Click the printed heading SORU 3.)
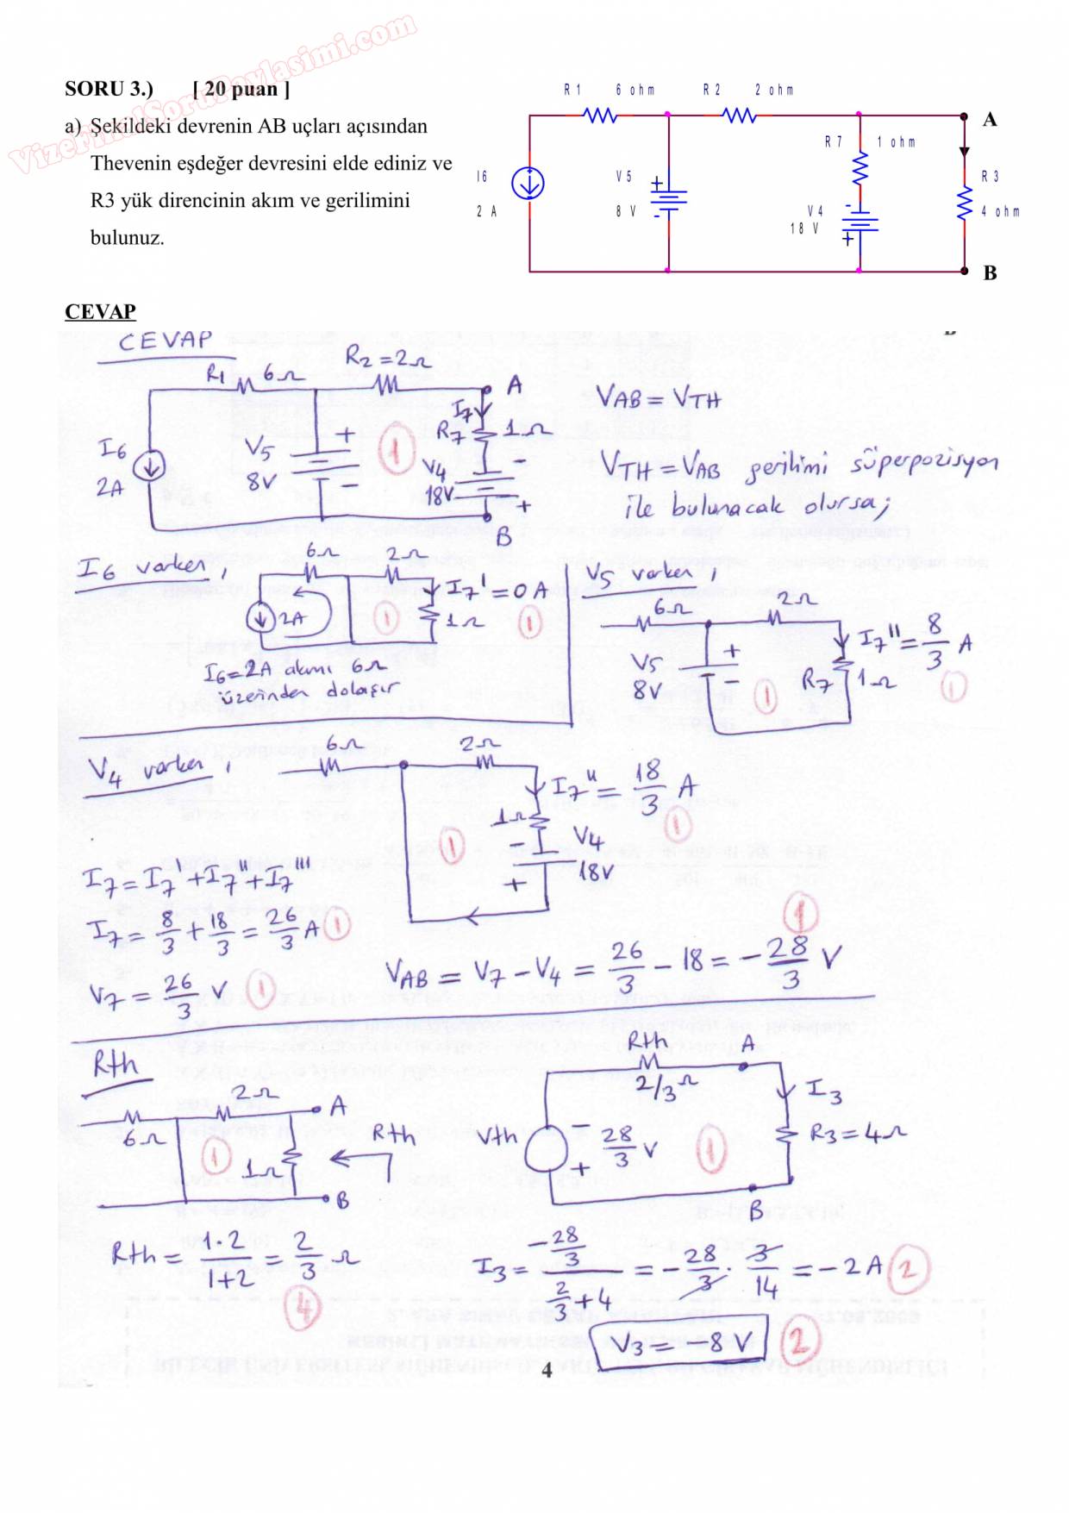point(109,89)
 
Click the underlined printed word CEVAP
point(100,311)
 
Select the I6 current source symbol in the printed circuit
point(528,183)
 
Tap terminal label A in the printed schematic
point(990,120)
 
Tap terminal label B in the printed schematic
point(990,273)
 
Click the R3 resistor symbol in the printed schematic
point(965,204)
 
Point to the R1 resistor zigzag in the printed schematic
point(600,115)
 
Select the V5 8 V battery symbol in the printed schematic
point(668,199)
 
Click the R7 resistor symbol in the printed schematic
point(859,169)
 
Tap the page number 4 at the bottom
point(547,1370)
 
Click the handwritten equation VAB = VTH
point(659,398)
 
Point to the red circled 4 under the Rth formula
point(303,1309)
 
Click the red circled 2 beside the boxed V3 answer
point(797,1341)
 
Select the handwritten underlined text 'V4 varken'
point(147,769)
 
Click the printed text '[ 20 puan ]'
point(241,89)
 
